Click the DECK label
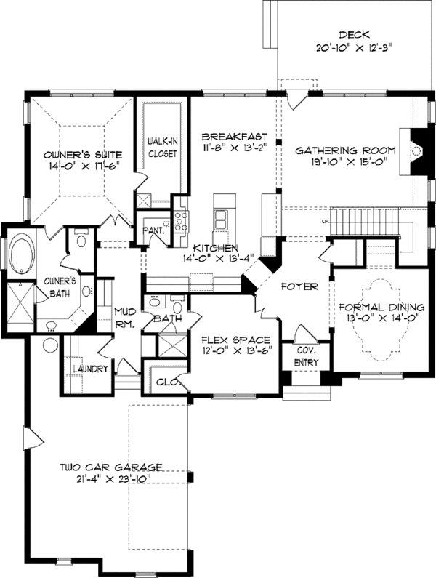tap(355, 34)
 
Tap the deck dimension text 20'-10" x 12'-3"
tap(355, 49)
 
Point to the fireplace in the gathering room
tap(416, 150)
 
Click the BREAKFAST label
tap(235, 136)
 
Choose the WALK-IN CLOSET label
tap(163, 147)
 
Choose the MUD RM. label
tap(125, 318)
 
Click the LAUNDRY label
tap(90, 369)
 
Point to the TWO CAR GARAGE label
tap(110, 467)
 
